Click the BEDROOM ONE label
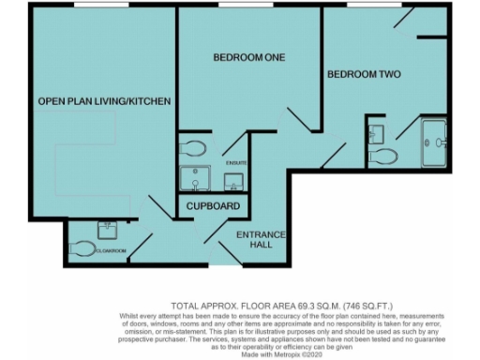point(248,57)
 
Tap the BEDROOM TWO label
point(364,72)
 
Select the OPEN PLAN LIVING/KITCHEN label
point(104,100)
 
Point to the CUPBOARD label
point(214,206)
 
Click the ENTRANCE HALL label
point(260,239)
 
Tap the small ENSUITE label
point(236,163)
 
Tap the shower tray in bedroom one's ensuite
point(198,178)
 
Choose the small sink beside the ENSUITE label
point(236,180)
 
